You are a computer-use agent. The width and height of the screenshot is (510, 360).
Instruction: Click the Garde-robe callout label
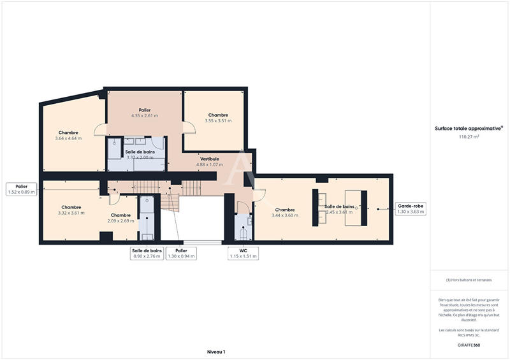[411, 208]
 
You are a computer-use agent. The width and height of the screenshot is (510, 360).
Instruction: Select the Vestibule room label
[210, 159]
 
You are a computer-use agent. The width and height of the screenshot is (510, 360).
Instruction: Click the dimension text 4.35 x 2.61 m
[144, 116]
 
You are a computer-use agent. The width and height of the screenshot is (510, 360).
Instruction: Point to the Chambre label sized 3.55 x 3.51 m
[218, 115]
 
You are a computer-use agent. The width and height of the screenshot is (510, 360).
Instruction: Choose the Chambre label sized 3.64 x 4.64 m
[68, 133]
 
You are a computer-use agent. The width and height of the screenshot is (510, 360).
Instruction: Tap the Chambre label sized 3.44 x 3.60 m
[285, 210]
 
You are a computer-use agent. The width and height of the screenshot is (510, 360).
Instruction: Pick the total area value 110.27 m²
[469, 136]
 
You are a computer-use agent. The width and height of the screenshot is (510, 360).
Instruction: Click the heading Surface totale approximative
[468, 128]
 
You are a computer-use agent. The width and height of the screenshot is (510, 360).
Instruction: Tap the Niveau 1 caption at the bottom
[216, 351]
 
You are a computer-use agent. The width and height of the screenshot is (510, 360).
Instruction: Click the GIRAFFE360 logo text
[469, 345]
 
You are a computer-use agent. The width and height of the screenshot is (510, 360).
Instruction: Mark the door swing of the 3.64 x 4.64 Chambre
[101, 129]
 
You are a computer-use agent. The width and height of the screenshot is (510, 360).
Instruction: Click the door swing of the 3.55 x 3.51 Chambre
[189, 127]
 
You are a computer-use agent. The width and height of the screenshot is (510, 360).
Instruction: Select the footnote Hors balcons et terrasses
[469, 280]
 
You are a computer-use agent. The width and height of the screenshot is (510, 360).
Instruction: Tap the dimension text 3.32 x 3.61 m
[71, 213]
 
